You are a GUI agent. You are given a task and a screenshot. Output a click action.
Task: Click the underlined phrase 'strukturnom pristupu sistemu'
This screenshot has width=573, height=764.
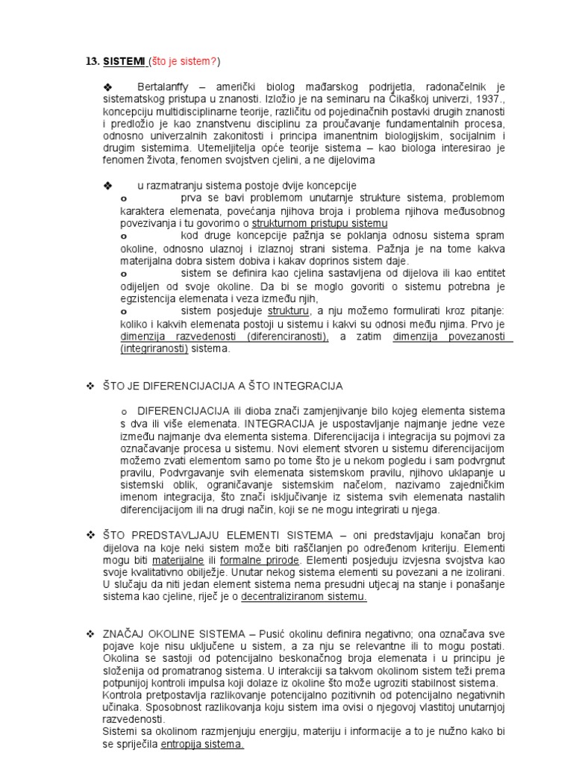tap(319, 223)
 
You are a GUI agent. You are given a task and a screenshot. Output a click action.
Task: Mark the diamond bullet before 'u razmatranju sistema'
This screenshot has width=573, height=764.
tap(107, 184)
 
